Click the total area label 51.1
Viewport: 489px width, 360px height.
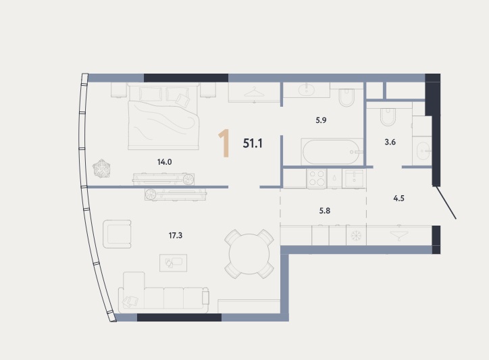coord(253,143)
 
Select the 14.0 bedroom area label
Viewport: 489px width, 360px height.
coord(164,162)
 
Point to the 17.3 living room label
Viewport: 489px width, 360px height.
coord(176,236)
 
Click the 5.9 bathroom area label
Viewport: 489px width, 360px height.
coord(321,120)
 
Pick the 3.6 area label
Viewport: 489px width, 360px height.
coord(390,143)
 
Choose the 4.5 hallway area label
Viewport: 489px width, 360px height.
coord(399,199)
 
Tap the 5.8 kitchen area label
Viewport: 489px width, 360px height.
coord(325,211)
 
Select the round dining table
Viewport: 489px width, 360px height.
coord(249,254)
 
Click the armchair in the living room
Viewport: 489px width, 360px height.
coord(117,234)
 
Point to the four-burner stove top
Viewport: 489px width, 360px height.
coord(317,179)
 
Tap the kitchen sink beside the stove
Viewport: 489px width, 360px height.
coord(354,178)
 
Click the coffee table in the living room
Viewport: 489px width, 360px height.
coord(174,263)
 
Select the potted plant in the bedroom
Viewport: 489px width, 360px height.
coord(101,169)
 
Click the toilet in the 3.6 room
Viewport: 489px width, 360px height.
coord(388,117)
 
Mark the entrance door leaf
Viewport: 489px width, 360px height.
coord(446,203)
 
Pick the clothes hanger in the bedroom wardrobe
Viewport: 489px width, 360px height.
coord(254,93)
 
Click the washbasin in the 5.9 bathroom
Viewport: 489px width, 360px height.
coord(307,90)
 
